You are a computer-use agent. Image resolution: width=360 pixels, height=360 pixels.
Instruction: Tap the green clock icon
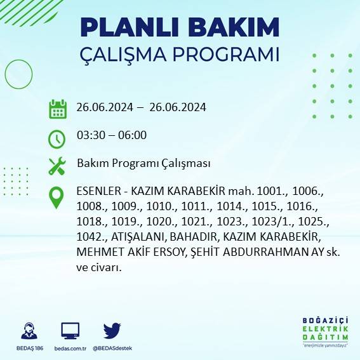click(x=57, y=138)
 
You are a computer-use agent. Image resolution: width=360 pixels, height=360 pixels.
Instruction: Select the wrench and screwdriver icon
click(x=57, y=166)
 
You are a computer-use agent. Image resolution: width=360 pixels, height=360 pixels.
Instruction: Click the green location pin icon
click(x=57, y=197)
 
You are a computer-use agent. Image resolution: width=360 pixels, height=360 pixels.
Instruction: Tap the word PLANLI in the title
click(x=126, y=27)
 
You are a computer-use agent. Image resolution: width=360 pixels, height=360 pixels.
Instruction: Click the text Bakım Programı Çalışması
click(x=143, y=164)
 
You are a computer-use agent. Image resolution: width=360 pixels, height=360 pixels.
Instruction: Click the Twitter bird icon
click(x=112, y=330)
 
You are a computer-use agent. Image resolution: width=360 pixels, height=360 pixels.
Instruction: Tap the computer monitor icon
click(x=70, y=330)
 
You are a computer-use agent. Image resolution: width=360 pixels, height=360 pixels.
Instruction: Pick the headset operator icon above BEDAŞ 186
click(x=29, y=330)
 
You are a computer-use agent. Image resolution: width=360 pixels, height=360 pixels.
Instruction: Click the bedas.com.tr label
click(x=70, y=349)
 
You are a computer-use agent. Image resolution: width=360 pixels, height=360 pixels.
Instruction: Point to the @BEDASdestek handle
click(x=112, y=349)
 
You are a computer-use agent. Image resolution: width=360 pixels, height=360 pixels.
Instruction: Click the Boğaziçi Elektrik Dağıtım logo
click(x=326, y=332)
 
